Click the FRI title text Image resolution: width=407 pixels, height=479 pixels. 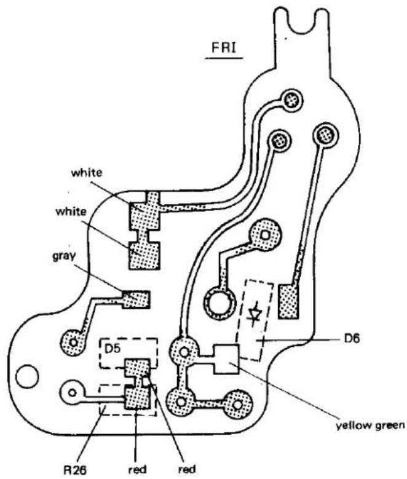tap(224, 48)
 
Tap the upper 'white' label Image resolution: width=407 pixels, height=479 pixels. tap(87, 173)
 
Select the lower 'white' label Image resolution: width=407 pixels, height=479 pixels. tap(71, 212)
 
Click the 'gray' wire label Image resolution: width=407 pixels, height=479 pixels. tap(64, 256)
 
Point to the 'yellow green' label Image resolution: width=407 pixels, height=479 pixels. tap(370, 426)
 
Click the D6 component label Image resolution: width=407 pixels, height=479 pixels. tap(350, 338)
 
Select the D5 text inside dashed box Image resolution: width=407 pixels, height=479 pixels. tap(113, 349)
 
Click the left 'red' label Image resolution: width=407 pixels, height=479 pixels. tap(137, 470)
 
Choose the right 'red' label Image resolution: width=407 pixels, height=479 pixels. tap(186, 470)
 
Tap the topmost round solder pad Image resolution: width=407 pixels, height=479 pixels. tap(293, 100)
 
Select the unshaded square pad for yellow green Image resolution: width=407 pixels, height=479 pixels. tap(226, 359)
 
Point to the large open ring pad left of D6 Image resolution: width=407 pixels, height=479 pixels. tap(219, 304)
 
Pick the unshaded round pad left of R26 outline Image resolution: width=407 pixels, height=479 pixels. tap(73, 392)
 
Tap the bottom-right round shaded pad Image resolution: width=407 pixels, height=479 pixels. tap(238, 405)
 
